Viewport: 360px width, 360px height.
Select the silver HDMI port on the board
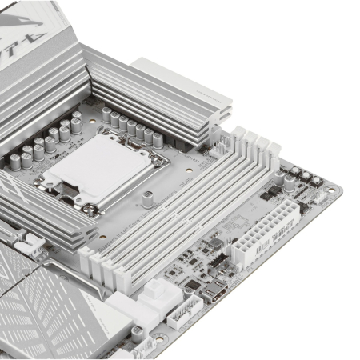[x=218, y=297]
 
